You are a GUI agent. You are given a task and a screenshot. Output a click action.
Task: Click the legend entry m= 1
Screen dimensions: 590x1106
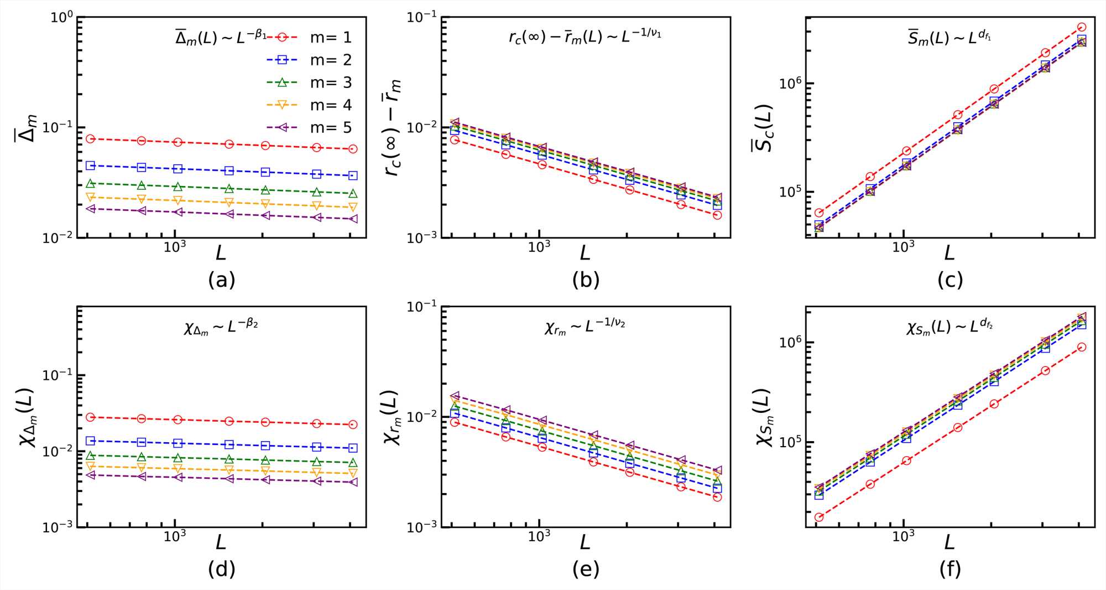tap(331, 37)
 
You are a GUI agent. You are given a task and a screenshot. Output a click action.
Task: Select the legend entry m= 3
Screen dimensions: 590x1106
tap(331, 82)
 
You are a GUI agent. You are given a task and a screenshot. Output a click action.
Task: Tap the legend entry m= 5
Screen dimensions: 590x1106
tap(331, 128)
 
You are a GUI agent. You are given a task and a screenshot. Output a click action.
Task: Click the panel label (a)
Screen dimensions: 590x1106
tap(222, 280)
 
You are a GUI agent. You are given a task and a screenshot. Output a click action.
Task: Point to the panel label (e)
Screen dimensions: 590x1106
tap(586, 569)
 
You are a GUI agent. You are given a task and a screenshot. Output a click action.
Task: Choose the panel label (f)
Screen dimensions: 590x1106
tap(950, 569)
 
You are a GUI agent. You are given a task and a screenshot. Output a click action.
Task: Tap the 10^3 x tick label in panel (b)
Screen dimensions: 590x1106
tap(539, 247)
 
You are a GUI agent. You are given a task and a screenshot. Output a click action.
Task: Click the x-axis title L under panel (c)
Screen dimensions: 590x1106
tap(950, 253)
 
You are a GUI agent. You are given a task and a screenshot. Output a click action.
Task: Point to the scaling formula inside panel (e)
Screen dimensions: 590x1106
tap(585, 327)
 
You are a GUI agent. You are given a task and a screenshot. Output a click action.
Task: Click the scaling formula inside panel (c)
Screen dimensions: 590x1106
tap(950, 38)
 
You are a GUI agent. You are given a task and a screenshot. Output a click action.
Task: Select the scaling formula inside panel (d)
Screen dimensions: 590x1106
tap(221, 327)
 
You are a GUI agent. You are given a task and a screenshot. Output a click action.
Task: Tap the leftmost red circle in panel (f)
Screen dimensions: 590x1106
tap(819, 517)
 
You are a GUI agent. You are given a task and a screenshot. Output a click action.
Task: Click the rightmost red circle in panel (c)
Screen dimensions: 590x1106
tap(1082, 27)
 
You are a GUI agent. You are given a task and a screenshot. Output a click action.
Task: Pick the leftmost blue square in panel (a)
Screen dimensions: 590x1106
tap(91, 165)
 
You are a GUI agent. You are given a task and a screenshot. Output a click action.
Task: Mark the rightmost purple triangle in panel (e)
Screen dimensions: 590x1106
tap(717, 470)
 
